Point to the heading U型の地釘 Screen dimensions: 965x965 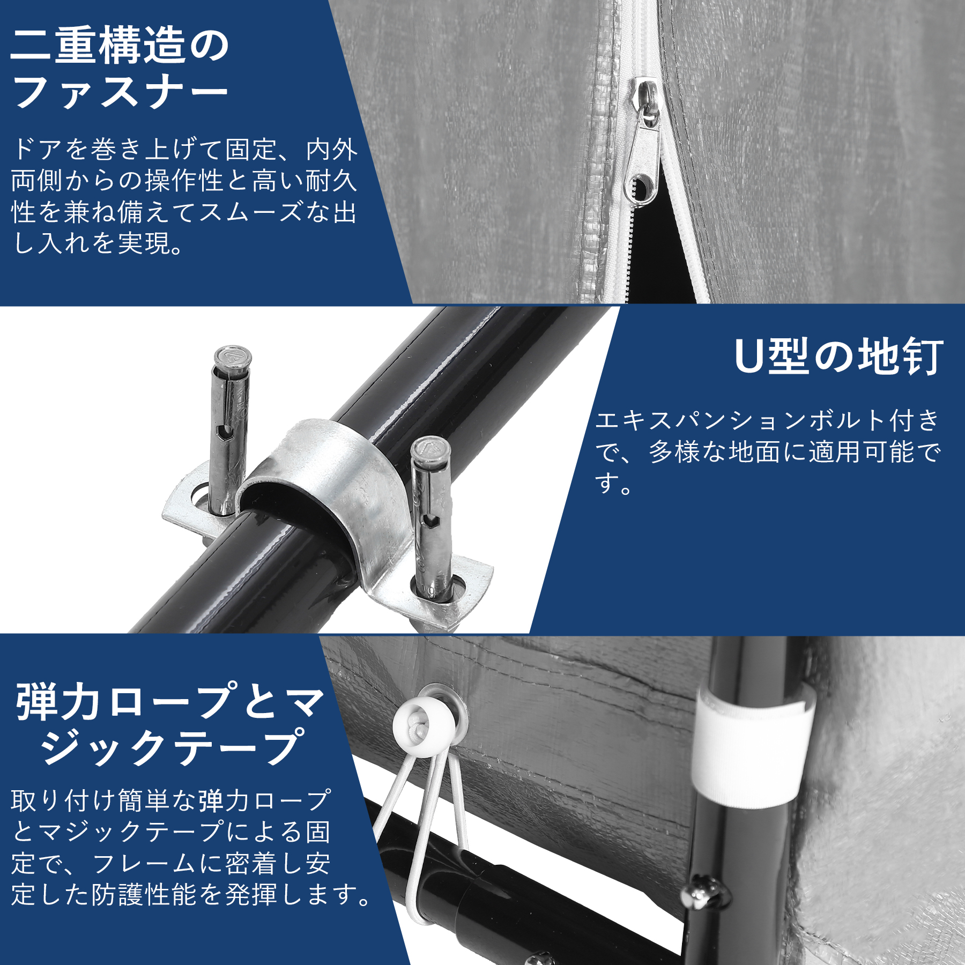[838, 357]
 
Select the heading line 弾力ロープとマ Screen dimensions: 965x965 [170, 702]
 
